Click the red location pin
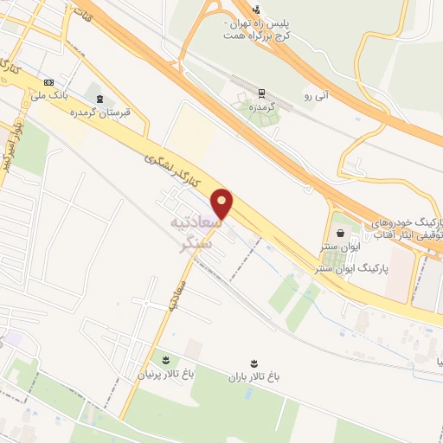pos(223,203)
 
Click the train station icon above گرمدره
pos(260,93)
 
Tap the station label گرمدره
pos(260,107)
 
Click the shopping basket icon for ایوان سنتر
pos(340,232)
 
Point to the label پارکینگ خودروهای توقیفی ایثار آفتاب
pos(407,228)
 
